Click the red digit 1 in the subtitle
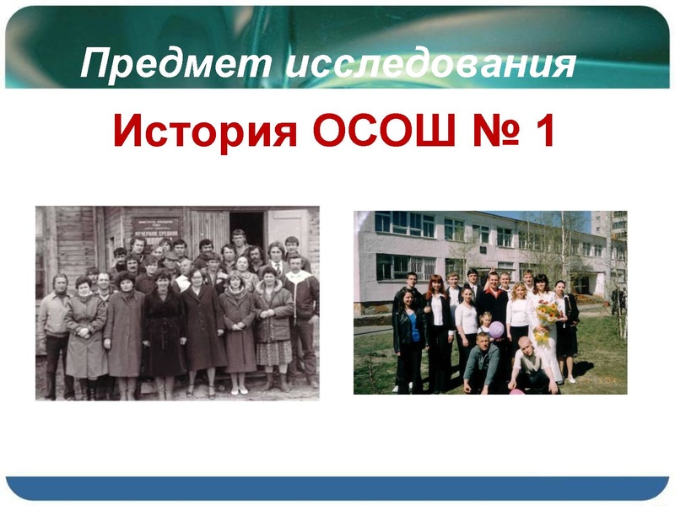click(x=541, y=132)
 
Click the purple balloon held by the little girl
click(x=497, y=329)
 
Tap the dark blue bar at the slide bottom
click(x=337, y=487)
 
